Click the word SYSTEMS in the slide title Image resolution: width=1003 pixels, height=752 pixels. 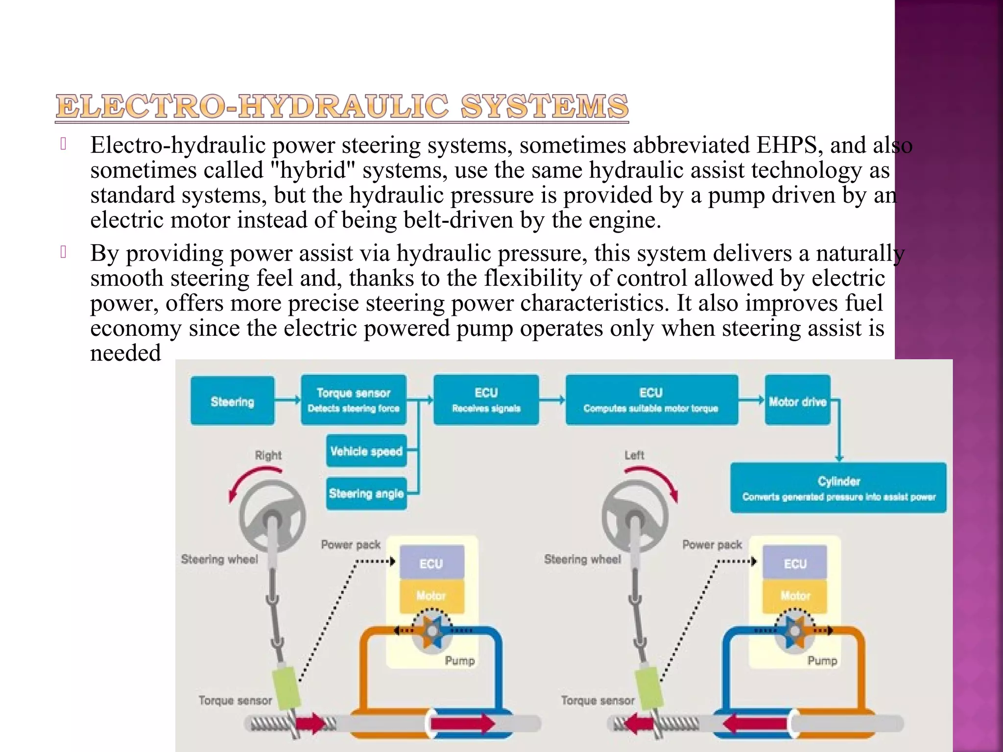[x=544, y=106]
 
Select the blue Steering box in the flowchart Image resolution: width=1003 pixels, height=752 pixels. [x=233, y=401]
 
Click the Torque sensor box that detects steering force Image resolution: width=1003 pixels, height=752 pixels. [x=354, y=400]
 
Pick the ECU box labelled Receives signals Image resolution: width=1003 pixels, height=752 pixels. [x=486, y=400]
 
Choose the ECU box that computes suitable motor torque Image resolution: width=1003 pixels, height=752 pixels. [x=651, y=400]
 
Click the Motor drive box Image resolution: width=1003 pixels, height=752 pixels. [x=797, y=401]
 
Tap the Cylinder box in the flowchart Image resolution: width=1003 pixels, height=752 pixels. [x=838, y=488]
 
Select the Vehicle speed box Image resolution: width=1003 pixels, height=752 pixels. [x=366, y=451]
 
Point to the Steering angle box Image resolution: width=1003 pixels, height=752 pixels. [x=366, y=493]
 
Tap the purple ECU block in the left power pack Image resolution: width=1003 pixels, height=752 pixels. [x=431, y=563]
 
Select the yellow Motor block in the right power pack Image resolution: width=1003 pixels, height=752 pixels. [x=794, y=596]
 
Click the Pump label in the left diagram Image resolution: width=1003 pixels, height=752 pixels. [x=459, y=660]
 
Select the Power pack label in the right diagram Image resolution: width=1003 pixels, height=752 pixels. [x=712, y=544]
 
